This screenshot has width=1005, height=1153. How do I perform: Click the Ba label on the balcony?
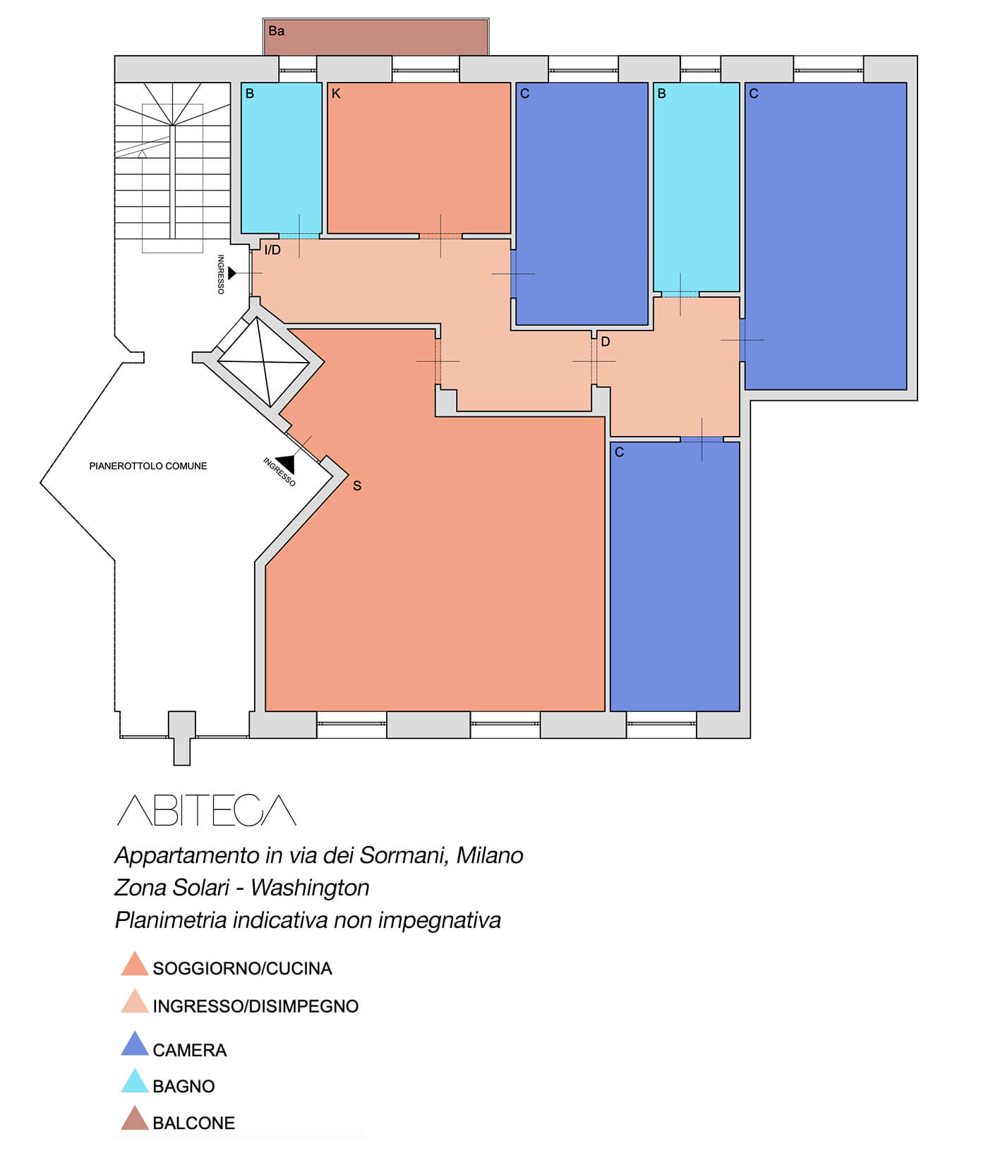click(276, 31)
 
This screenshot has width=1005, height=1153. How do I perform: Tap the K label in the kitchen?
click(336, 94)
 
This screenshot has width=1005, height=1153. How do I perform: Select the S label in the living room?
click(357, 486)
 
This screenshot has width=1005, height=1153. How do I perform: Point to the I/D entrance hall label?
click(272, 250)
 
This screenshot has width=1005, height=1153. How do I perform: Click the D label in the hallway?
click(605, 342)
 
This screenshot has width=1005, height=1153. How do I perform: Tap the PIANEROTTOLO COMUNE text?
click(148, 466)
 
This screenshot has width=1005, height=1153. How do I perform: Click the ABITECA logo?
click(206, 810)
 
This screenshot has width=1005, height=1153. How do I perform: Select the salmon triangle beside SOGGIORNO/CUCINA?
click(135, 964)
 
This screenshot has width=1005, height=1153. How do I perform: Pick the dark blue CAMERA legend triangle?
click(135, 1044)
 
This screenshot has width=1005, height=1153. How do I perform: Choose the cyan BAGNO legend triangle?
click(135, 1081)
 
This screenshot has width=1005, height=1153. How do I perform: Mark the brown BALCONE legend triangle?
click(135, 1118)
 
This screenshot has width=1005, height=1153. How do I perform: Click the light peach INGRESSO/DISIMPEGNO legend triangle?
click(135, 1001)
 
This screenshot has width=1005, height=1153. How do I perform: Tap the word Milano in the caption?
click(490, 855)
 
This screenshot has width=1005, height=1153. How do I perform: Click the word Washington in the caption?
click(310, 888)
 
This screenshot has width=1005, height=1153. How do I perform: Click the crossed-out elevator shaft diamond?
click(264, 363)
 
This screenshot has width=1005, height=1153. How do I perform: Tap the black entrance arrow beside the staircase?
click(232, 273)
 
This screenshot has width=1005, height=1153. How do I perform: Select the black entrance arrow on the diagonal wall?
click(286, 463)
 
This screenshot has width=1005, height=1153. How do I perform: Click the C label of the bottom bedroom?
click(619, 452)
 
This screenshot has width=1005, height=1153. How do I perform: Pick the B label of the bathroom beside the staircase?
click(249, 94)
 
